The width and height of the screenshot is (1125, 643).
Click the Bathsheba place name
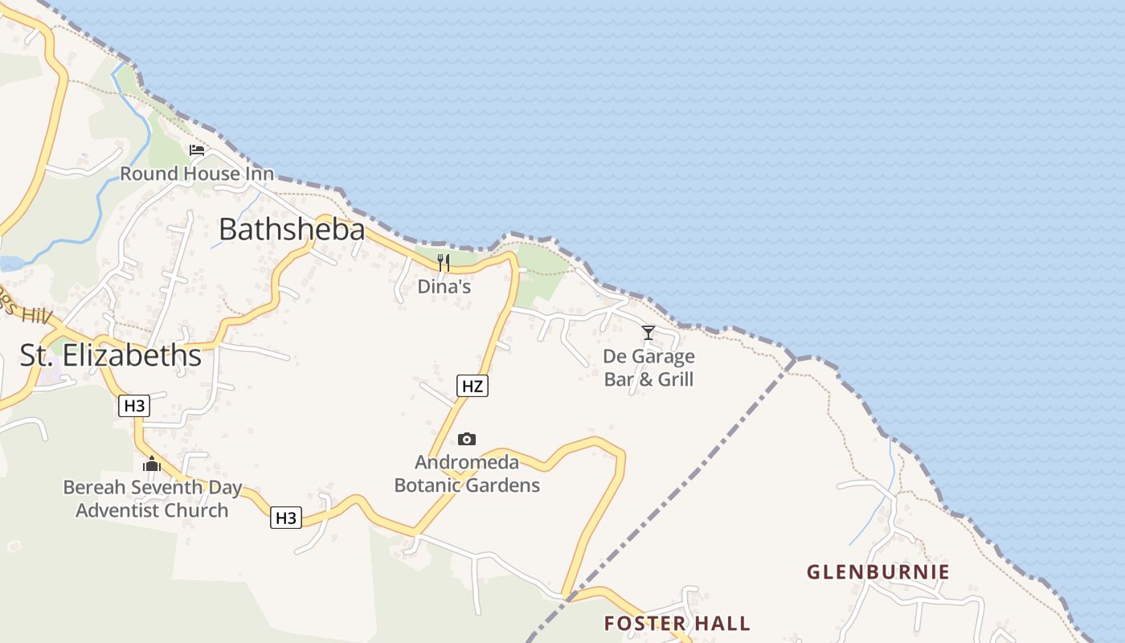pos(292,230)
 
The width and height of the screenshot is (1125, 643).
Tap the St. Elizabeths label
pos(110,355)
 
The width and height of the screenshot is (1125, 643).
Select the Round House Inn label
pos(197,174)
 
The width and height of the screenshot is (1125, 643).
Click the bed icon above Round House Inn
pos(197,150)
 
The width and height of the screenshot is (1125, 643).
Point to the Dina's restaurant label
pos(444,286)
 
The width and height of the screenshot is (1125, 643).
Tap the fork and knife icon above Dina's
pos(443,262)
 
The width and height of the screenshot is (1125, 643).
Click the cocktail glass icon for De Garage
pos(648,333)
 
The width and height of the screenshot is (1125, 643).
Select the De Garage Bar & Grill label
pos(648,367)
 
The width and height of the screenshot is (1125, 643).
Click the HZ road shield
pos(472,386)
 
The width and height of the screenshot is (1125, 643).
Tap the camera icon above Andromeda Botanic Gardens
pos(466,439)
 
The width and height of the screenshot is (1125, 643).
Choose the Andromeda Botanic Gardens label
pos(467,474)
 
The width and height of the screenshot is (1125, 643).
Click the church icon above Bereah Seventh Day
pos(152,464)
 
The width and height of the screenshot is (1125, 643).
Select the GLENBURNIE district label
pos(877,572)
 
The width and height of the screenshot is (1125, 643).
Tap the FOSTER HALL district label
pos(677,623)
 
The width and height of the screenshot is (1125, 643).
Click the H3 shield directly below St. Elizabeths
pos(134,406)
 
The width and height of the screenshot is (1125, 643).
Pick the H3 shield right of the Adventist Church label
pos(285,518)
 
